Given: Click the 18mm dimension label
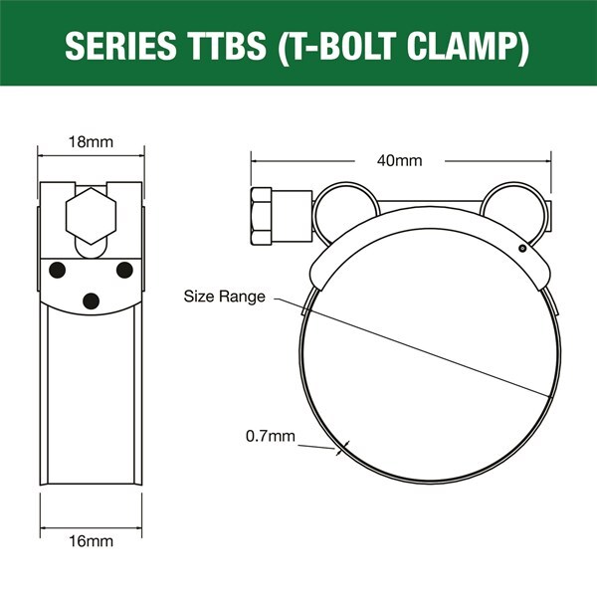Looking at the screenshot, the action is click(x=91, y=142).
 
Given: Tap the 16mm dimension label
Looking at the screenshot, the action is click(x=91, y=541).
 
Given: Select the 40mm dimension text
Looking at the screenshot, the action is click(x=400, y=160).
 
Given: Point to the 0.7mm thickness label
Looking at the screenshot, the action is click(x=271, y=436).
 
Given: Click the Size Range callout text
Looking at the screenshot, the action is click(x=224, y=297).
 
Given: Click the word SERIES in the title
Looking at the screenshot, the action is click(x=120, y=46).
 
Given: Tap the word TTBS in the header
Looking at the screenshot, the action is click(x=228, y=46).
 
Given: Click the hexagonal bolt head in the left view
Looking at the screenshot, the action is click(x=91, y=216).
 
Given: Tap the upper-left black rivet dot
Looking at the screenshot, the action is click(x=57, y=270).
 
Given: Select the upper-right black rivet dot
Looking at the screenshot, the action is click(x=124, y=270).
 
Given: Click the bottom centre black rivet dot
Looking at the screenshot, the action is click(x=91, y=301).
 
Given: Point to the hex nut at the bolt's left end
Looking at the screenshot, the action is click(x=261, y=216).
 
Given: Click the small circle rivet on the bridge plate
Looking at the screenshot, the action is click(x=522, y=248).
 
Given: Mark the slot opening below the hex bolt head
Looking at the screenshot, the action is click(x=91, y=250).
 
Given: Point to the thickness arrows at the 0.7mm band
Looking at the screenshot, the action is click(x=342, y=448).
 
